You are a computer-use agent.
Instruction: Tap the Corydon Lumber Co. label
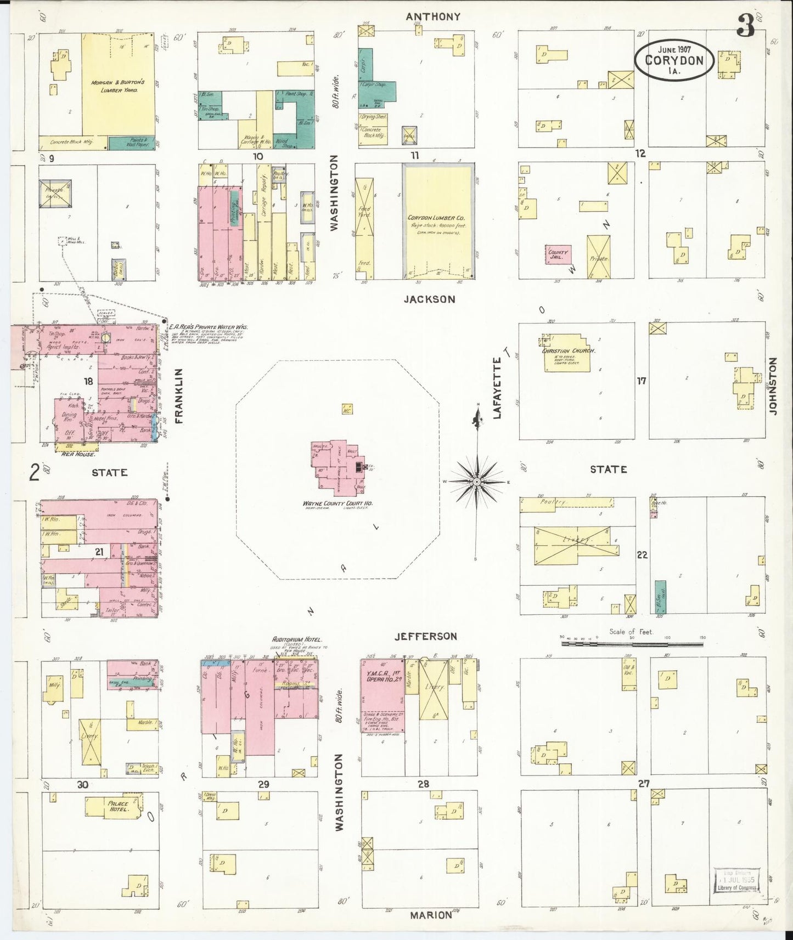[x=436, y=218]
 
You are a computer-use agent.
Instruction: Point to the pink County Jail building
[x=557, y=254]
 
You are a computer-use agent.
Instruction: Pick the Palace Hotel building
[x=118, y=807]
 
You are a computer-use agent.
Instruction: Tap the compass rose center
[x=477, y=482]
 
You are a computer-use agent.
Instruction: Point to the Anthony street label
[x=433, y=17]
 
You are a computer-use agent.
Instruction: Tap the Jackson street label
[x=437, y=299]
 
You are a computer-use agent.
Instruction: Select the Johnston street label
[x=774, y=386]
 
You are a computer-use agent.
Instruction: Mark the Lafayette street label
[x=497, y=387]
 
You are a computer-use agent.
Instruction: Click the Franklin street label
[x=178, y=395]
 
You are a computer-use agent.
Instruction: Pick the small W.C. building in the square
[x=347, y=409]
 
